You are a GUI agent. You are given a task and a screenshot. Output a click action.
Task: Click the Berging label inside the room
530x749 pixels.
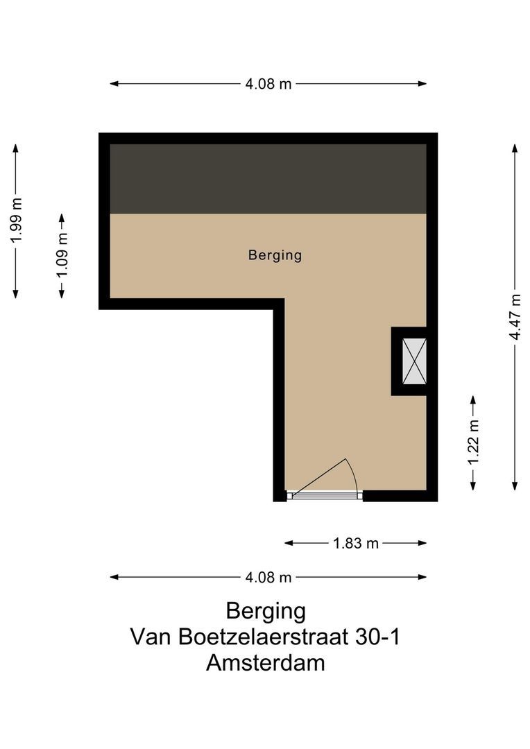275,255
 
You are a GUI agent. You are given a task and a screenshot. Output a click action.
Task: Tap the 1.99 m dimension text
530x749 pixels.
16,221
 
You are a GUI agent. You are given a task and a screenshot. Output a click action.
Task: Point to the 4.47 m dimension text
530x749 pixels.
515,316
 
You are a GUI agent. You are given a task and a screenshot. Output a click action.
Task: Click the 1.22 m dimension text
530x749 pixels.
473,443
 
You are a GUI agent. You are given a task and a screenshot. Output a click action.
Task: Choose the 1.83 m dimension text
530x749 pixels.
356,544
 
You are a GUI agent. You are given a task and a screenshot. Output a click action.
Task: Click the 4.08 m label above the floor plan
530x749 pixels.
268,84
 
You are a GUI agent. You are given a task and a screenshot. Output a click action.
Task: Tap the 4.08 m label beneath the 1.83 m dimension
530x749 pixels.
268,577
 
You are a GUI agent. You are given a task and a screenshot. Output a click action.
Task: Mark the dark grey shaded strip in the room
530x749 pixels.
268,179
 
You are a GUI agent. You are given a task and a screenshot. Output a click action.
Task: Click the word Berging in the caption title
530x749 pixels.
266,611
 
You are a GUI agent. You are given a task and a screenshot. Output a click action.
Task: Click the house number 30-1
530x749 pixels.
379,637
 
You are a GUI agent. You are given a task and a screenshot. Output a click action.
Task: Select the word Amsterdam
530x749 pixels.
266,662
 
